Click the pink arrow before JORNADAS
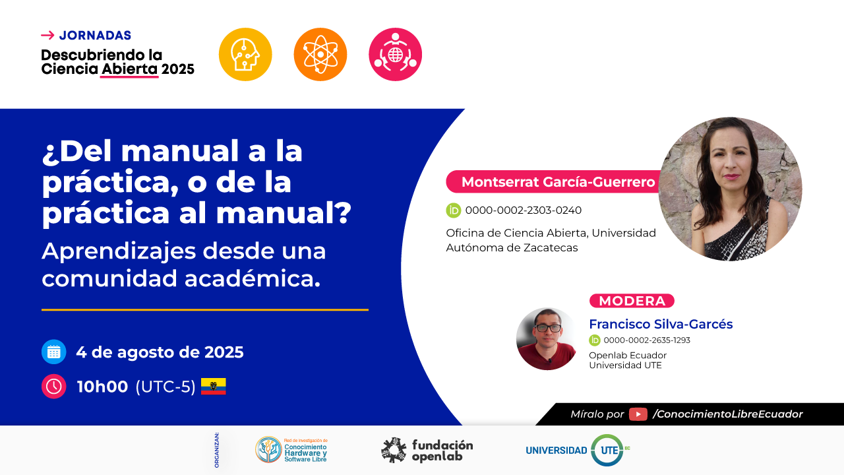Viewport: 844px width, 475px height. (47, 36)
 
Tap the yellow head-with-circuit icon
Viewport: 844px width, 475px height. (245, 54)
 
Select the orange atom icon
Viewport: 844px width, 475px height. (320, 54)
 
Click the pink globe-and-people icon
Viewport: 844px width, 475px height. (395, 54)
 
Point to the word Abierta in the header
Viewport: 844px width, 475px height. (129, 69)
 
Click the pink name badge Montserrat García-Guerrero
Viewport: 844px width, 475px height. (554, 181)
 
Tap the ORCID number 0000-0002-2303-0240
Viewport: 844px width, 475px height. (524, 210)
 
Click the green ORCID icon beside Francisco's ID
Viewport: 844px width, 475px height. (595, 340)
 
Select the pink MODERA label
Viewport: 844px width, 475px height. (632, 301)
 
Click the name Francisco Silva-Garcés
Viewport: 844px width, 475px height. (661, 324)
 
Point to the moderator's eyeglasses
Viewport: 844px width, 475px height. (548, 328)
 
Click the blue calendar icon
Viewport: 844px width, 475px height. (54, 352)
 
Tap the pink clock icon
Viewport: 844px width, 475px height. (54, 387)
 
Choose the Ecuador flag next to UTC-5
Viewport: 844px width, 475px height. (213, 386)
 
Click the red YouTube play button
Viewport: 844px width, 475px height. (638, 414)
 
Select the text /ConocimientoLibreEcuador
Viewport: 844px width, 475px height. (727, 414)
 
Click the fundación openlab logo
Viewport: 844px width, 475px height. (427, 450)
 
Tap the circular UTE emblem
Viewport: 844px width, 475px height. (607, 450)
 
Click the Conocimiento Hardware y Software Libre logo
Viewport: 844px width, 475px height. (291, 450)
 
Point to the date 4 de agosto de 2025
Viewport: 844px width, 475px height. (160, 352)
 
